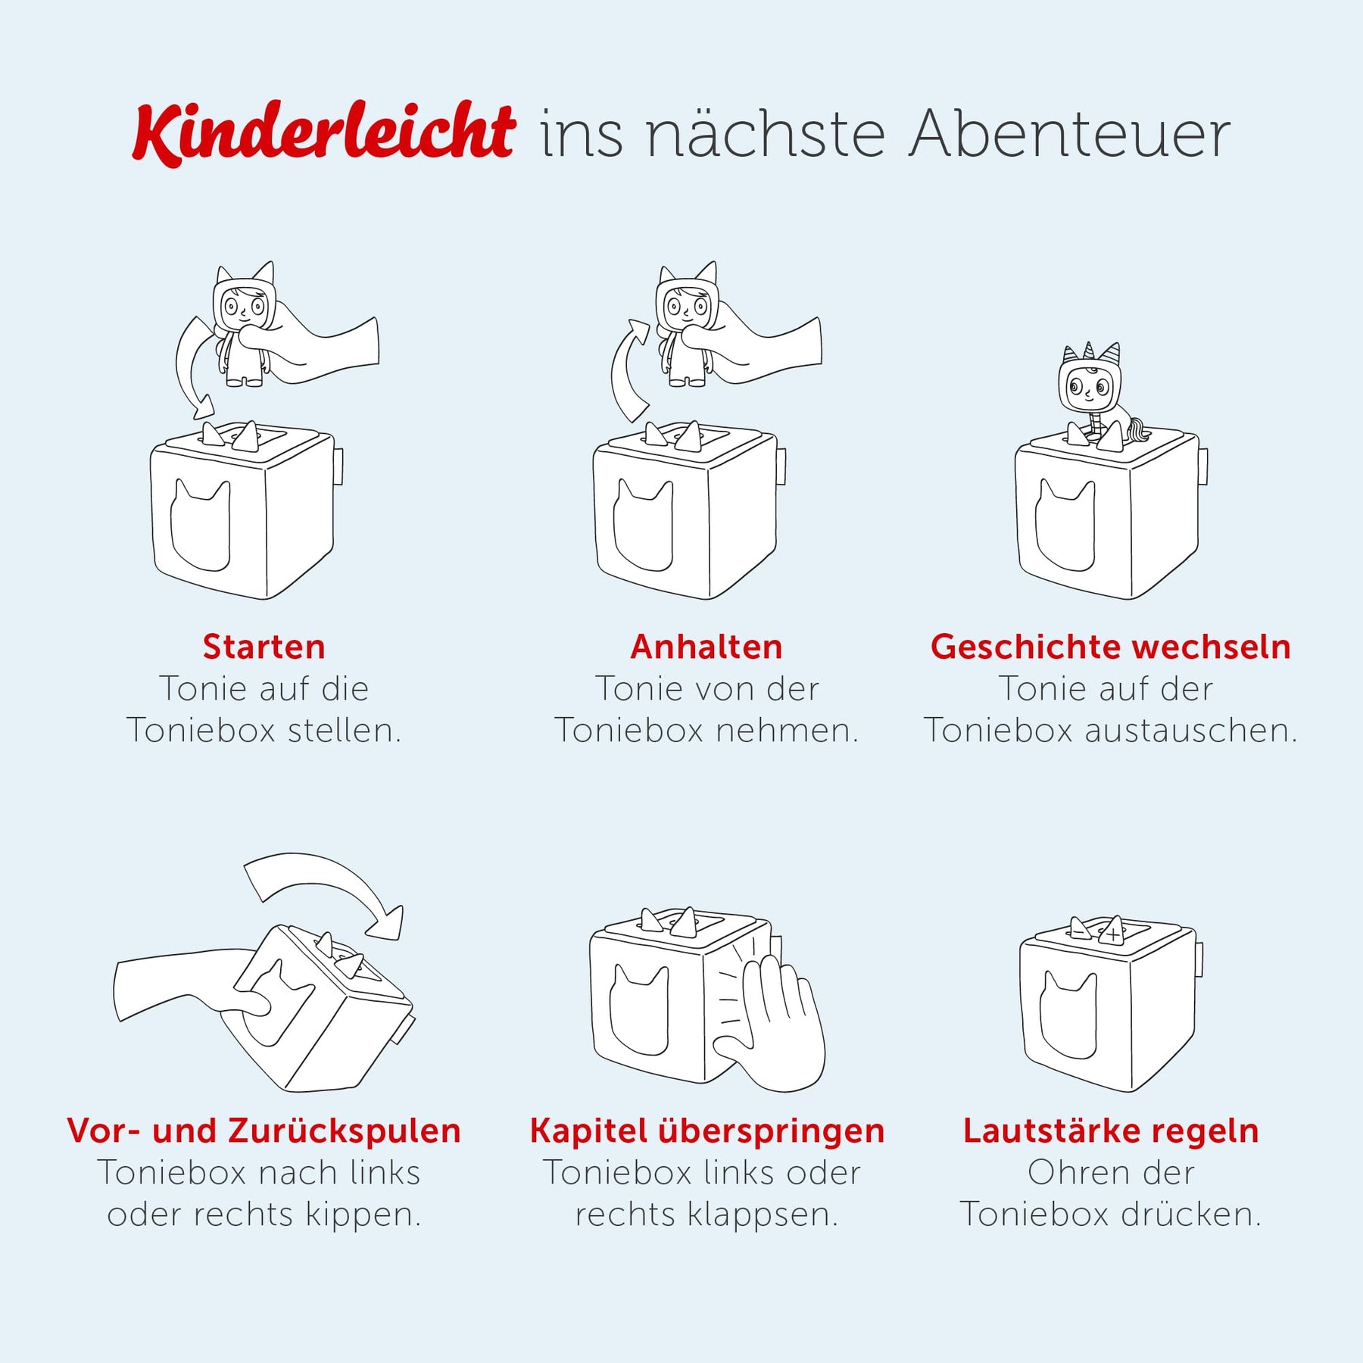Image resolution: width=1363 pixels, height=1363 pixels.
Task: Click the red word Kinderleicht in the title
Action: coord(324,133)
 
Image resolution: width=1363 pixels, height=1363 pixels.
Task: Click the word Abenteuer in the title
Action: coord(1070,135)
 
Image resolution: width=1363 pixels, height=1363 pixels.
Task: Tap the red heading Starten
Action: coord(264,647)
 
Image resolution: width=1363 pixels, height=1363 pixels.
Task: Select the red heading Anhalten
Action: coord(706,647)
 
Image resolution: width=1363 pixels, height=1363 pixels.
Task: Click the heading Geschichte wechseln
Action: coord(1111,647)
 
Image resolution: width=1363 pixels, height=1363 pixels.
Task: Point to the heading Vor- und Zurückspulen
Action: coord(264,1131)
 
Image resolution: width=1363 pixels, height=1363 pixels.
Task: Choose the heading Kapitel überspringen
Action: coord(707,1131)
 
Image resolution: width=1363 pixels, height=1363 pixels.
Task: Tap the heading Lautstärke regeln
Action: coord(1111,1131)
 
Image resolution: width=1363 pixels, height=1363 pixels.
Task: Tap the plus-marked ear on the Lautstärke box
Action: coord(1112,931)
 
